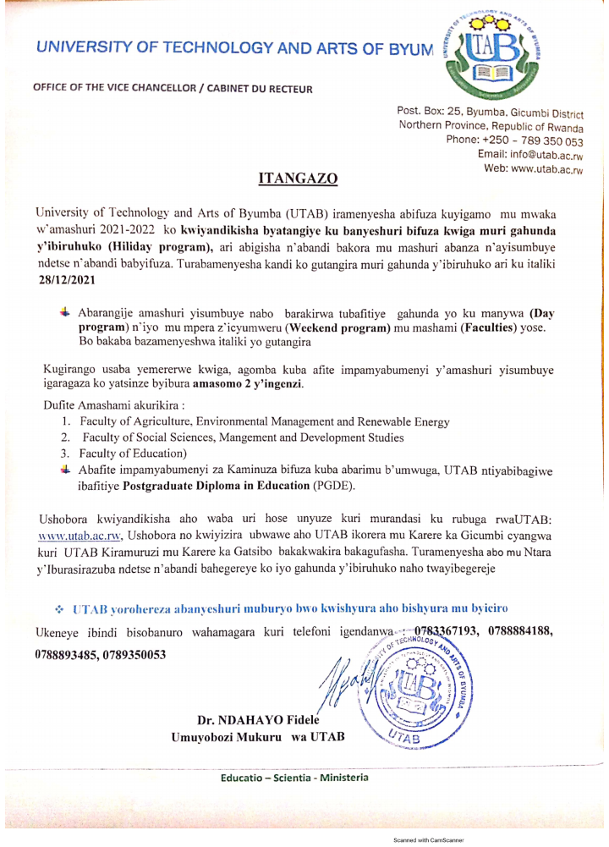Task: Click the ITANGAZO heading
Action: [297, 179]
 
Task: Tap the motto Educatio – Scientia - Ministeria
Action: [294, 778]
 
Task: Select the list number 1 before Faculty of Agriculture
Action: [66, 421]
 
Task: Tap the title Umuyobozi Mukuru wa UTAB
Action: [258, 738]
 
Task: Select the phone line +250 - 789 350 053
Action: [515, 140]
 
